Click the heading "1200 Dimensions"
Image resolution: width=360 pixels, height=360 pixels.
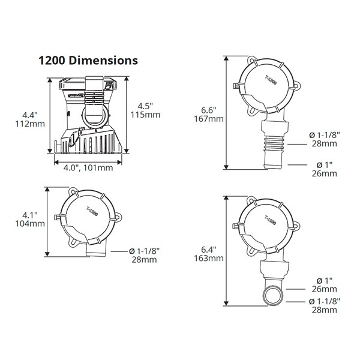88,60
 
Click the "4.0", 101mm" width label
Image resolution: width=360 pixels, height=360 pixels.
88,168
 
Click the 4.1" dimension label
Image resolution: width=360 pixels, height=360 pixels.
29,214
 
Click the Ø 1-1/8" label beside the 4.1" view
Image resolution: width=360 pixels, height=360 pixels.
145,251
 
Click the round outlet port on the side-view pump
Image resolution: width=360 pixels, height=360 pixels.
94,115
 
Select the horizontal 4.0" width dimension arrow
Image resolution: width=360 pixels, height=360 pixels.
88,160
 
